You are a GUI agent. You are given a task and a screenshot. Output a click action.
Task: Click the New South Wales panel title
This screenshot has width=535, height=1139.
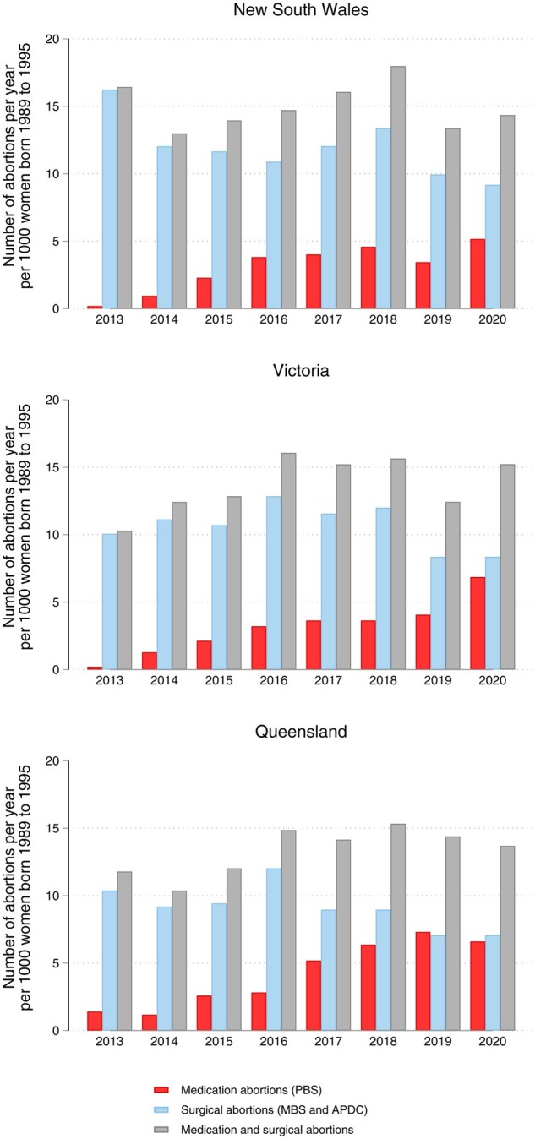coord(301,9)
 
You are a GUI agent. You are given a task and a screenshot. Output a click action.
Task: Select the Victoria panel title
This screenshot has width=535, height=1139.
coord(301,371)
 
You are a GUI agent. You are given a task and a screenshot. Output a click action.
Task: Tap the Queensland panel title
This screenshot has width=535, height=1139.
coord(301,732)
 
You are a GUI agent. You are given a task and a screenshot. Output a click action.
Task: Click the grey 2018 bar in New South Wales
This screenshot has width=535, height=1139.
coord(398,187)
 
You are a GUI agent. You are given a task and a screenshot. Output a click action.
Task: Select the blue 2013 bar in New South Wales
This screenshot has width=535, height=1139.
coord(110,199)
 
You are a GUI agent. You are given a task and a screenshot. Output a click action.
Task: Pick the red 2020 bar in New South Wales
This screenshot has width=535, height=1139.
coord(478,274)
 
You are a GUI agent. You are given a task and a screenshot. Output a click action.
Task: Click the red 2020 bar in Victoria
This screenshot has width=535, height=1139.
coord(478,624)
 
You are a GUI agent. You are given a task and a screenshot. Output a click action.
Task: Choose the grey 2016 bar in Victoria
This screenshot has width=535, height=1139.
coord(288,561)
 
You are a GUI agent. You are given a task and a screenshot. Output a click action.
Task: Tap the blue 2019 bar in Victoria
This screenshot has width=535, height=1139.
coord(438,613)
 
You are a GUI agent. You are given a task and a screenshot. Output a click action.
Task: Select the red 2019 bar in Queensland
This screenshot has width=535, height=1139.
coord(423,981)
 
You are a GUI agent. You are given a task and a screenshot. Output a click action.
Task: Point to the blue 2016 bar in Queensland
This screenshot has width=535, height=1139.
coord(274,950)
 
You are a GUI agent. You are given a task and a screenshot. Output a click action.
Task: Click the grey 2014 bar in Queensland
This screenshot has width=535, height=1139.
coord(179,961)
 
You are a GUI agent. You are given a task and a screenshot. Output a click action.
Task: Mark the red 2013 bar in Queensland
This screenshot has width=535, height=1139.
coord(95,1021)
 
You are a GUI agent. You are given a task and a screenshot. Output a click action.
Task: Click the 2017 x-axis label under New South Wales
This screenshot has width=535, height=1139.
coord(328,319)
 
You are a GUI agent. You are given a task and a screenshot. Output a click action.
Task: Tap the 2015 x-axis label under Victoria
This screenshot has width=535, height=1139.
coord(219,680)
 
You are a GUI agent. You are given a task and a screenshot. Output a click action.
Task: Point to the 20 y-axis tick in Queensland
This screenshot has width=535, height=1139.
coord(52,760)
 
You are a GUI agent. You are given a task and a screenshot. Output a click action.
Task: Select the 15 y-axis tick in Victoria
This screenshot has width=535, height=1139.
coord(52,467)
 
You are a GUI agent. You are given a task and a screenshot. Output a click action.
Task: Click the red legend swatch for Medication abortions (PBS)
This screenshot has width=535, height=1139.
coord(161,1090)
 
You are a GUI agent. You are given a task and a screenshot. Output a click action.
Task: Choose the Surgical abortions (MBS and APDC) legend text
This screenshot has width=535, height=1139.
coord(274,1110)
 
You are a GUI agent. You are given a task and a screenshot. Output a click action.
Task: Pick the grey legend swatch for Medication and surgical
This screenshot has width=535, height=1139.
coord(161,1130)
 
